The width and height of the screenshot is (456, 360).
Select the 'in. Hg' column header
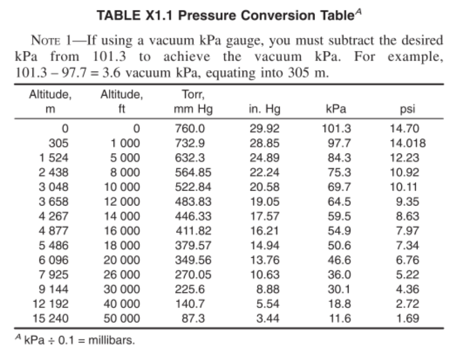click(x=265, y=109)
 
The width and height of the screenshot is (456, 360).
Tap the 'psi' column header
click(x=408, y=109)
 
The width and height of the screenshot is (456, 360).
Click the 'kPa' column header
click(x=336, y=109)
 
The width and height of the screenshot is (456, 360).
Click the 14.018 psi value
click(x=408, y=143)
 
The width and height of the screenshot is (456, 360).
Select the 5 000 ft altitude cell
click(x=122, y=157)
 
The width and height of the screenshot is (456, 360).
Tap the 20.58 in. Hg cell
click(x=265, y=186)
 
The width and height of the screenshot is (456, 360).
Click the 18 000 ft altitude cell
click(x=122, y=245)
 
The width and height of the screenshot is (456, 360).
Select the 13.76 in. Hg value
click(x=265, y=260)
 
